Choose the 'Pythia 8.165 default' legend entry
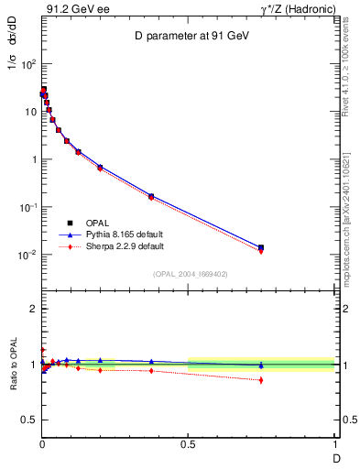coord(118,234)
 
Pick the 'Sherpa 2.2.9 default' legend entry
coord(119,246)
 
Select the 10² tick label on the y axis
coord(28,64)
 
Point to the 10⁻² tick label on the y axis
coord(27,255)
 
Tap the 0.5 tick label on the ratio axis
coord(28,420)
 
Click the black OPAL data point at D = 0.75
coord(261,247)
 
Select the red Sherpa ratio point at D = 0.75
coord(261,380)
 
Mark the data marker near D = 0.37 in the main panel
coord(150,196)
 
